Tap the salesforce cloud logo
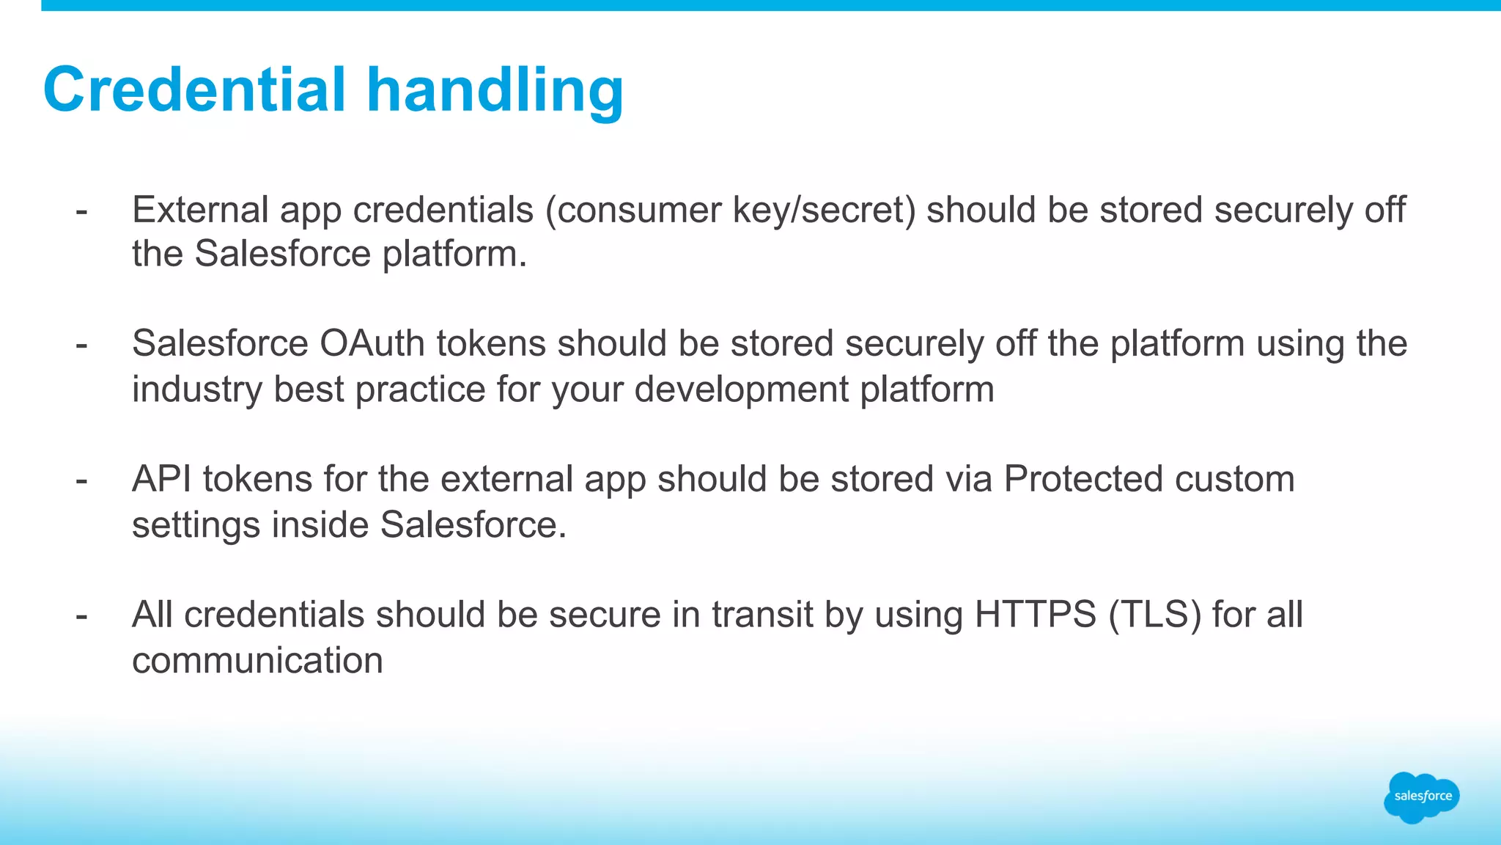click(x=1421, y=797)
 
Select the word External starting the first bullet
click(x=200, y=210)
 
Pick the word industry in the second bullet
click(x=196, y=389)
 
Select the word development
click(x=742, y=389)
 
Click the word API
click(x=162, y=479)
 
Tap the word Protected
click(x=1083, y=479)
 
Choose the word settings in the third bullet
click(x=196, y=526)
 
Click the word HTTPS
click(x=1035, y=615)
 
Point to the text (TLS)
click(x=1154, y=615)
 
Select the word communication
click(x=257, y=660)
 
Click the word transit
click(x=762, y=615)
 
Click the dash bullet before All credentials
click(x=81, y=616)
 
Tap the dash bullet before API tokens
click(x=81, y=480)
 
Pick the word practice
click(x=421, y=389)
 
